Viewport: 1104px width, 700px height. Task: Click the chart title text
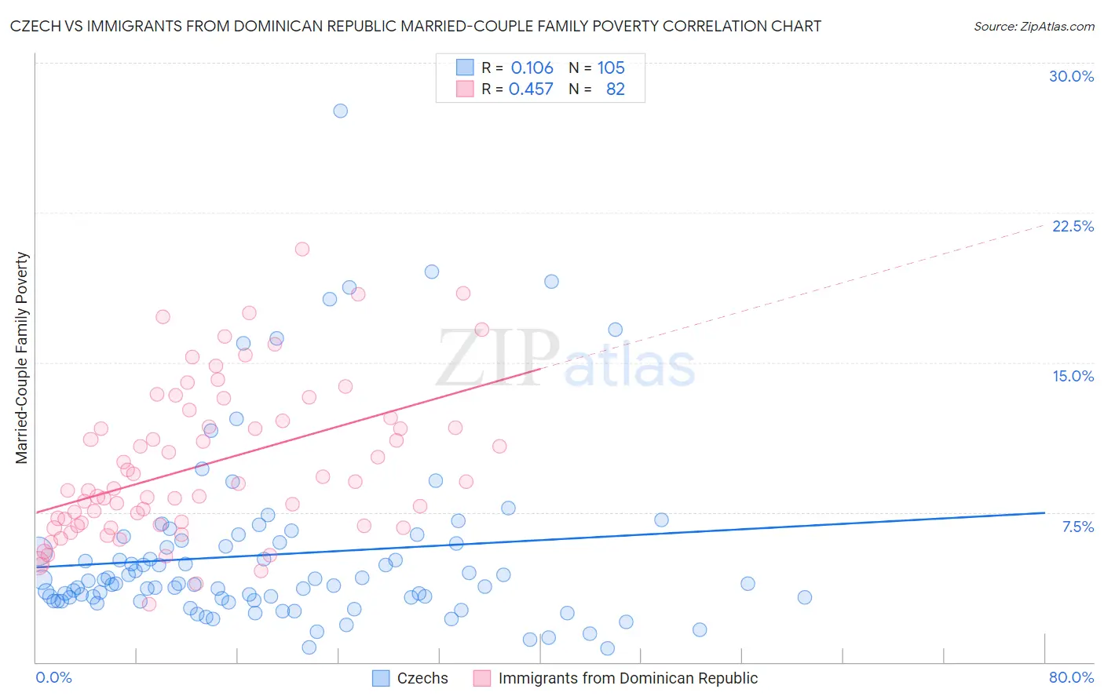(x=415, y=26)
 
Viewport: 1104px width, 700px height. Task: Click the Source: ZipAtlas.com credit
(x=1033, y=26)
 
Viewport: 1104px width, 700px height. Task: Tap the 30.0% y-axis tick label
(x=1071, y=76)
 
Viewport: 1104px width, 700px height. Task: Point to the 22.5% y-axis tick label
(x=1073, y=226)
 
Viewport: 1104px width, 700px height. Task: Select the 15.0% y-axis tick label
(x=1073, y=376)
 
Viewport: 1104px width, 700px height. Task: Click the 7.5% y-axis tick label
(x=1077, y=527)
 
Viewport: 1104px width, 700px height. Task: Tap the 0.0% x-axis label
(x=53, y=677)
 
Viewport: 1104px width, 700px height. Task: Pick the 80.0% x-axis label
(x=1071, y=677)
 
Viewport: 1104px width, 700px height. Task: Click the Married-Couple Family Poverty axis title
(x=22, y=358)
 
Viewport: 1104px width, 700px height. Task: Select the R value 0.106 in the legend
(x=532, y=68)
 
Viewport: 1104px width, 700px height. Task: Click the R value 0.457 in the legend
(x=531, y=89)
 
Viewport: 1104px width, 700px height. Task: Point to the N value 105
(x=611, y=68)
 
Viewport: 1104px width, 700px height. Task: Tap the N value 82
(x=616, y=89)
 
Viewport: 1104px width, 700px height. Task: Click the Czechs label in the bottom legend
(x=422, y=678)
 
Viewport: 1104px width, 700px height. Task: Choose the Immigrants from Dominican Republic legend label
(x=627, y=678)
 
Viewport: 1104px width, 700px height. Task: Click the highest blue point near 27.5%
(x=340, y=111)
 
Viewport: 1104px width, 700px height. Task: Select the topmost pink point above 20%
(x=302, y=249)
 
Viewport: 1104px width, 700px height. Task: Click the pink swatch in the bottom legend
(x=482, y=678)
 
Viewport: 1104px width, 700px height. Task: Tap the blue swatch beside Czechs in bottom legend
(x=381, y=678)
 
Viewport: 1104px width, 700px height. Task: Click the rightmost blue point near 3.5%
(x=804, y=597)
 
